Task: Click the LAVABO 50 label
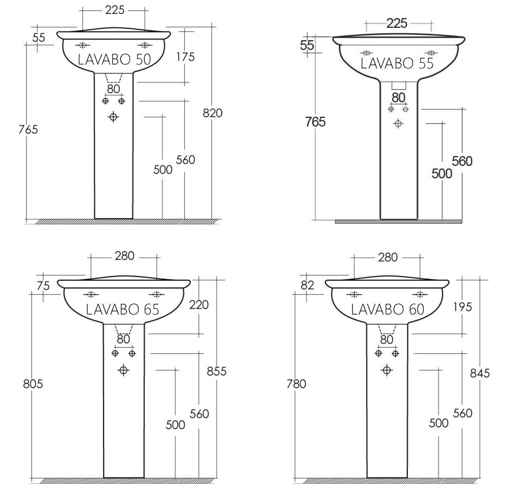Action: (x=114, y=60)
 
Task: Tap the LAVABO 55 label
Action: (x=397, y=63)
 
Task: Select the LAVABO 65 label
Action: (x=122, y=310)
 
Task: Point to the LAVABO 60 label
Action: (x=387, y=310)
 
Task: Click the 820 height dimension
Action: (x=213, y=113)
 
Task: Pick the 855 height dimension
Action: (x=217, y=371)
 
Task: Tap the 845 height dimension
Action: (x=480, y=373)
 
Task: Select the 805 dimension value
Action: (x=33, y=384)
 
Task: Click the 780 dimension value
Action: (x=296, y=384)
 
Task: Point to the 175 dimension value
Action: (x=186, y=57)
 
